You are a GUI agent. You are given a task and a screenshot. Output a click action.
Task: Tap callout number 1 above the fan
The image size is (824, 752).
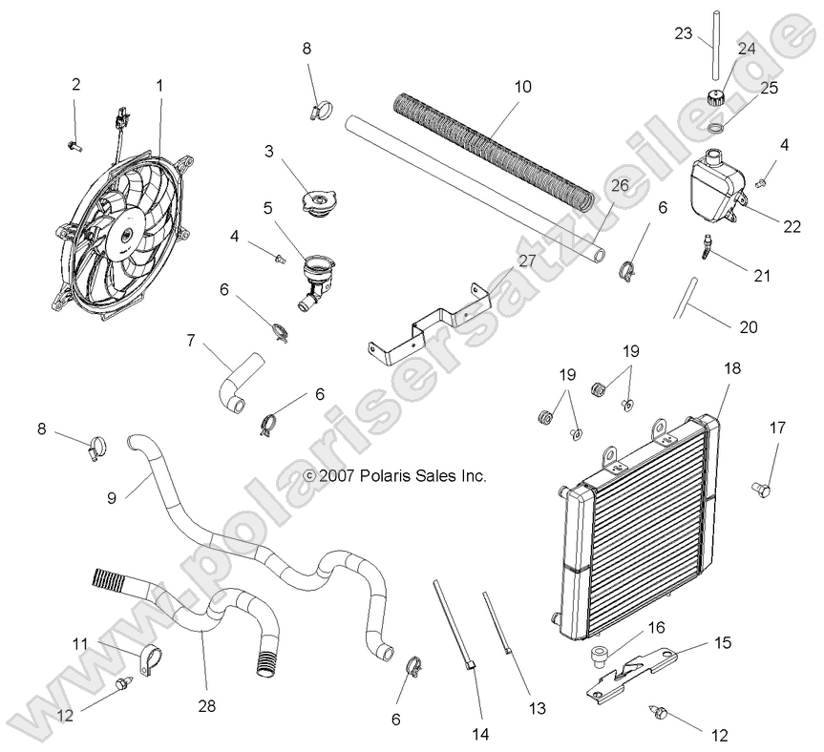pyautogui.click(x=159, y=85)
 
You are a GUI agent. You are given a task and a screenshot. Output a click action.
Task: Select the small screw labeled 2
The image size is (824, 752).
pyautogui.click(x=74, y=144)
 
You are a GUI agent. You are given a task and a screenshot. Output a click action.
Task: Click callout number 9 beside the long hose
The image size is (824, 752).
pyautogui.click(x=112, y=497)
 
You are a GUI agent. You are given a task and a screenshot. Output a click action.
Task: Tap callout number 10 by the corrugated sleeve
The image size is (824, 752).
pyautogui.click(x=522, y=86)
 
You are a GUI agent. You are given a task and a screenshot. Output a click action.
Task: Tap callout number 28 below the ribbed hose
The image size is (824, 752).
pyautogui.click(x=206, y=706)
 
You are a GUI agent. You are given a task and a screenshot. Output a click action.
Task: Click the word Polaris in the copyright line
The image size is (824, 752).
pyautogui.click(x=389, y=474)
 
